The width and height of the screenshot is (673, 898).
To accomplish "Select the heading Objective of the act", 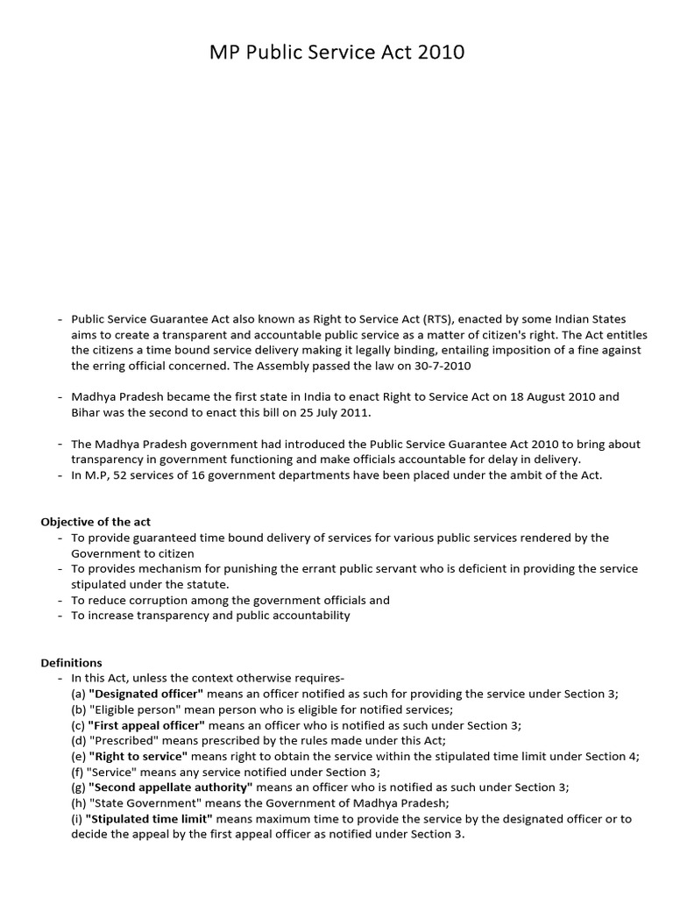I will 96,522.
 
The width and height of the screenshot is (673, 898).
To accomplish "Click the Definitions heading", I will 71,662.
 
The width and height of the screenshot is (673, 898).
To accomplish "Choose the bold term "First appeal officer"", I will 146,725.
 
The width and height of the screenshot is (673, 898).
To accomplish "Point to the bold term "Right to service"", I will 138,756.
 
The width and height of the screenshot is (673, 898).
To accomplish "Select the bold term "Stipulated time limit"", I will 150,819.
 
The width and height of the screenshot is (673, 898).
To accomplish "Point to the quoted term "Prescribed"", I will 114,741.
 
